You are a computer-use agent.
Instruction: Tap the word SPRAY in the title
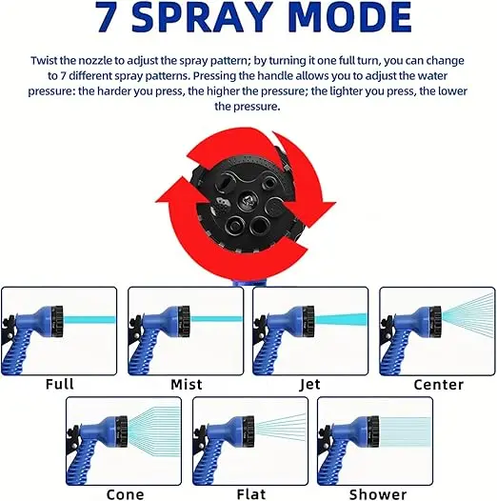(x=201, y=17)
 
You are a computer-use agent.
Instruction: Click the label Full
(x=60, y=384)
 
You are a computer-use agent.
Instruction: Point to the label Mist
(x=187, y=385)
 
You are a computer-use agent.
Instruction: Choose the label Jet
(x=309, y=385)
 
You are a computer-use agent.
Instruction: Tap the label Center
(x=439, y=385)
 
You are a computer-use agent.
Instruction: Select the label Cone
(x=126, y=494)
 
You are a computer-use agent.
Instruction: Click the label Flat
(x=251, y=494)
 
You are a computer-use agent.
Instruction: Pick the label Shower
(x=378, y=494)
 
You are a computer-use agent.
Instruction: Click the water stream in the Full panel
(x=89, y=319)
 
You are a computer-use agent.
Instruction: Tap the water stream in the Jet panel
(x=341, y=319)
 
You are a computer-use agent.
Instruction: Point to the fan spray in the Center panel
(x=467, y=315)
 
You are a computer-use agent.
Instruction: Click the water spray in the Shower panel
(x=405, y=431)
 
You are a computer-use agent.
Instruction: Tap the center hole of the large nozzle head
(x=246, y=201)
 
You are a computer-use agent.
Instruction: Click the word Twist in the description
(x=44, y=60)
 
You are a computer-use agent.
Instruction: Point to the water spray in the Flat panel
(x=281, y=427)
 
